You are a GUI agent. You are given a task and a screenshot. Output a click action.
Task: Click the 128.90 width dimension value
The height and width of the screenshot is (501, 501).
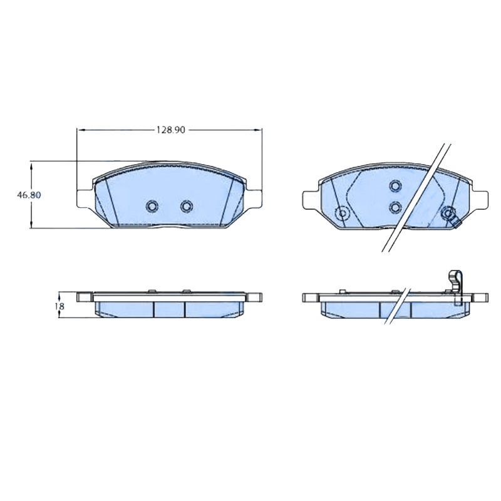(170, 130)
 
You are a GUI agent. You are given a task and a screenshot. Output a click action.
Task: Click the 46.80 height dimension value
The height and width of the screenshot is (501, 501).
(29, 195)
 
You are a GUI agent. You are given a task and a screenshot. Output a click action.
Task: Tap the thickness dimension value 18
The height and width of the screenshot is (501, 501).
(59, 306)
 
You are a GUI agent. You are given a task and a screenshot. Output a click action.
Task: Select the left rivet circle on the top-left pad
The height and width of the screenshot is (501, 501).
(152, 206)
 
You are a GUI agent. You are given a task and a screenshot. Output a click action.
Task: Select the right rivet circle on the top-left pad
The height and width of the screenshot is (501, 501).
(187, 206)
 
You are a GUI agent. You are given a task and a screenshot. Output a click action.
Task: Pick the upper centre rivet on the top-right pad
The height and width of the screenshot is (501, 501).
(395, 186)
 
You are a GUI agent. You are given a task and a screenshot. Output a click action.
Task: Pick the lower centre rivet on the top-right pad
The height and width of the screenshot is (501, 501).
(395, 207)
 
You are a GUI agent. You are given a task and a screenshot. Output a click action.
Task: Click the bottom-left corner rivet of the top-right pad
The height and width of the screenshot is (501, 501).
(342, 212)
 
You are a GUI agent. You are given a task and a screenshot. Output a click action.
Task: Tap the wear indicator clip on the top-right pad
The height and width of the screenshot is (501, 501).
(451, 217)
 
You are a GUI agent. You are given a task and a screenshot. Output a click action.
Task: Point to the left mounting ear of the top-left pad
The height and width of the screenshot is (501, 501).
(85, 198)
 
